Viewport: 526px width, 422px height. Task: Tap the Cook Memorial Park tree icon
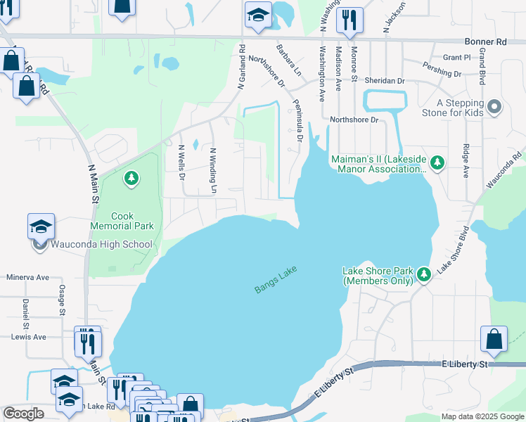[131, 179]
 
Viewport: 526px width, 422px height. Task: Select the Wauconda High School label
[101, 245]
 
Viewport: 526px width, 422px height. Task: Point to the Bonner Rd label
[486, 42]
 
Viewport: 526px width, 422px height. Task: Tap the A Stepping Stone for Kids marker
[495, 107]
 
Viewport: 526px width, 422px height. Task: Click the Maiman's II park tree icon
[437, 163]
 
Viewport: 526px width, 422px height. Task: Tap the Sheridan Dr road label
[386, 81]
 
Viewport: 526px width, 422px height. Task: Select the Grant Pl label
[456, 58]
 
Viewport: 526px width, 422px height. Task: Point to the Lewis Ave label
[29, 337]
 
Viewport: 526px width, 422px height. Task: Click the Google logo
[24, 414]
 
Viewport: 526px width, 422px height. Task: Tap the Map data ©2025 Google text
[482, 416]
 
